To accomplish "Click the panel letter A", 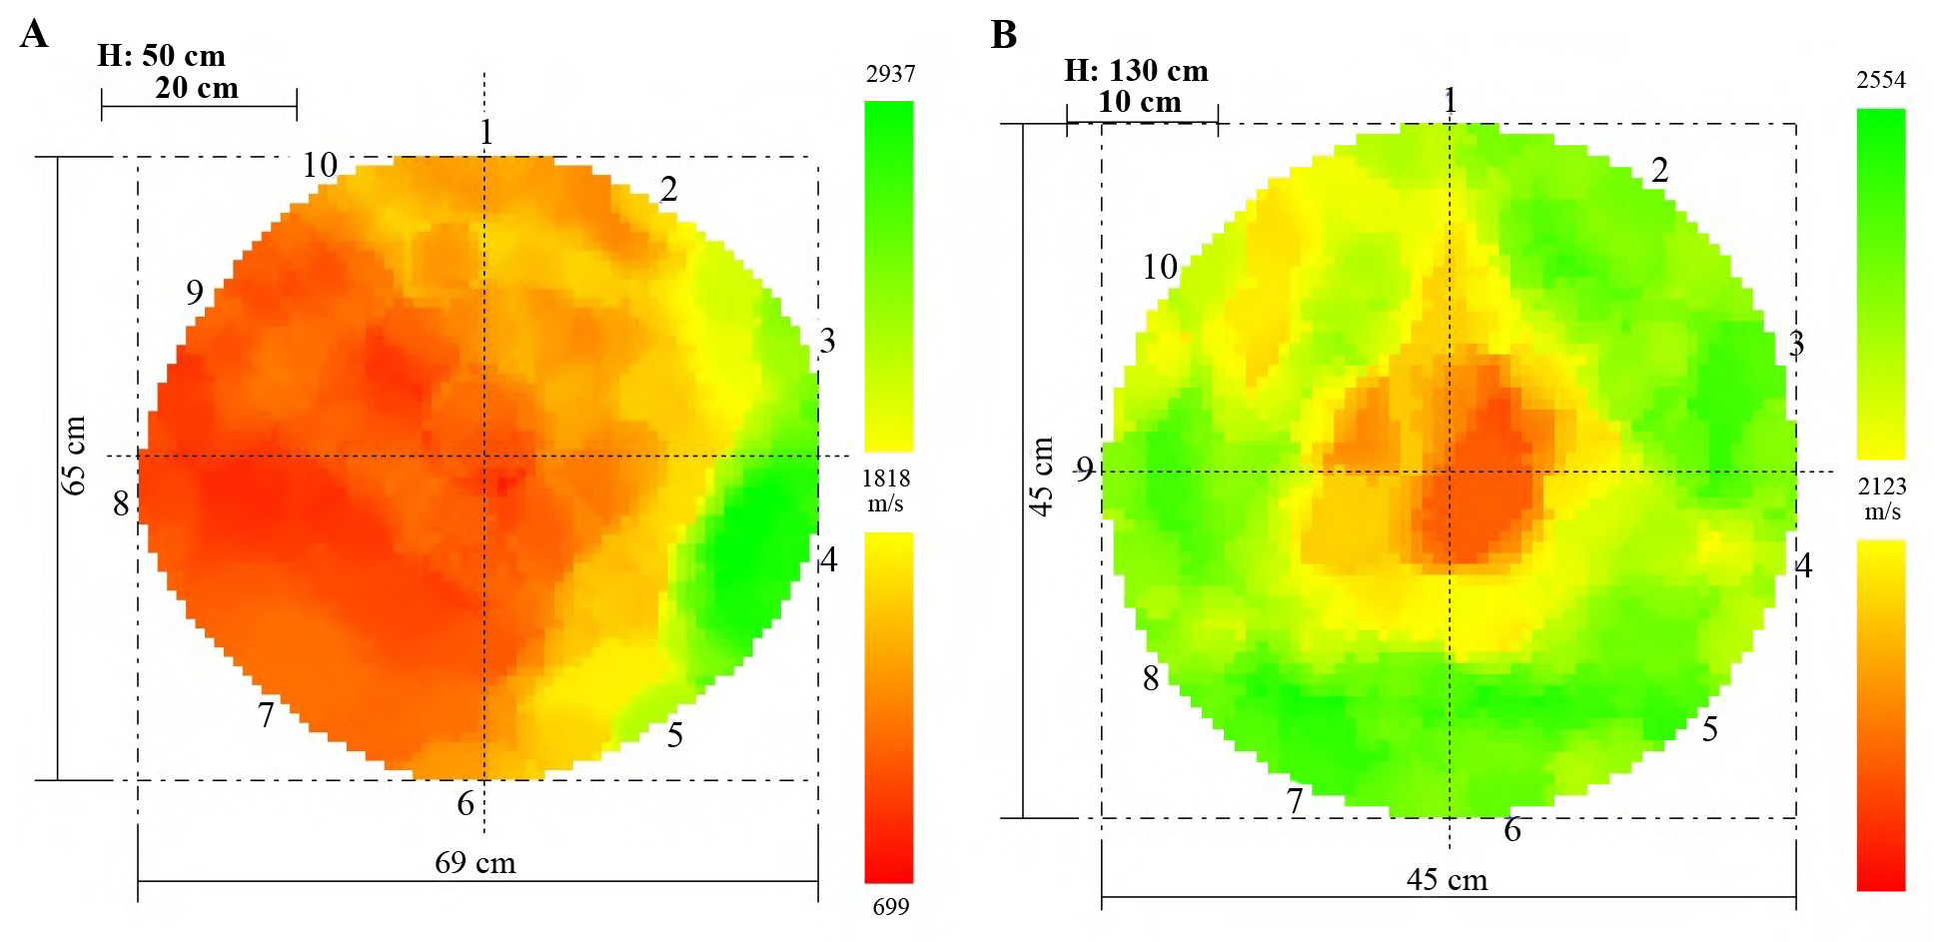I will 34,35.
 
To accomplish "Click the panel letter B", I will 1003,35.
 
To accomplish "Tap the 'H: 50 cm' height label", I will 161,55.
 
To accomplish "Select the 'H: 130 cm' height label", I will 1136,71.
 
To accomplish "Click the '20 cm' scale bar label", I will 197,88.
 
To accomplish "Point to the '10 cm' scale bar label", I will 1140,102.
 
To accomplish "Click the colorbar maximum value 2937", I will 890,74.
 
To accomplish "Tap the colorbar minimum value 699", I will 890,907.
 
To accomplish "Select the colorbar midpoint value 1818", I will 886,478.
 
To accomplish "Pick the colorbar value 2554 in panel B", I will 1881,80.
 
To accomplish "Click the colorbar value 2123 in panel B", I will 1882,486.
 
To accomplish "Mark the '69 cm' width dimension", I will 476,863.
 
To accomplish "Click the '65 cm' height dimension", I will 74,456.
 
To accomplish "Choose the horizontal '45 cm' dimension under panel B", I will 1447,880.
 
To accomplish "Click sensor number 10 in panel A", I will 320,165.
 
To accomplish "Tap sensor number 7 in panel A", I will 266,715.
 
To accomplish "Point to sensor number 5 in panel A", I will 675,735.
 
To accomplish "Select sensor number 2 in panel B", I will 1659,170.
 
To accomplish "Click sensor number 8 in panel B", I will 1151,679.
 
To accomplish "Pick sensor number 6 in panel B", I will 1512,830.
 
